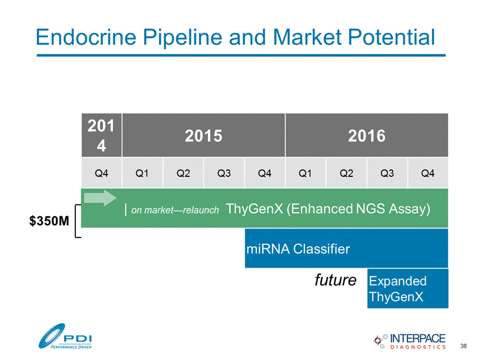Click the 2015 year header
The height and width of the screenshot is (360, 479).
tap(204, 135)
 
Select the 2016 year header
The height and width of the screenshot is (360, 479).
tap(367, 135)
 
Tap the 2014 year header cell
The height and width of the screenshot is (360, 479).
tap(101, 135)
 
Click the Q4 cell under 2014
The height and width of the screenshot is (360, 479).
tap(101, 173)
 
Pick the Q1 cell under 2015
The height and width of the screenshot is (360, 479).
tap(142, 173)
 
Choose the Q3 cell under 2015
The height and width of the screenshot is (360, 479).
tap(224, 173)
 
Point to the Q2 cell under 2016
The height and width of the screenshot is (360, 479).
tap(346, 173)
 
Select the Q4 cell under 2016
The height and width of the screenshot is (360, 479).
tap(428, 173)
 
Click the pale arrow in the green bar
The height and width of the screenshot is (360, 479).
tap(100, 198)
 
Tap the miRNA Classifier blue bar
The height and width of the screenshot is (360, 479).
tap(346, 248)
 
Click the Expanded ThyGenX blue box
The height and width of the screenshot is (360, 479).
tap(408, 289)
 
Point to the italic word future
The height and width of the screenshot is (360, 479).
tap(336, 280)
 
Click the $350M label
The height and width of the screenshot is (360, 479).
tap(49, 221)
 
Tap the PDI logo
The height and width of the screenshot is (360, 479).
tap(65, 336)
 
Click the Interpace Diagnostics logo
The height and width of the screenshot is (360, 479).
tap(409, 341)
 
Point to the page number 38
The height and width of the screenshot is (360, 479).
tap(464, 346)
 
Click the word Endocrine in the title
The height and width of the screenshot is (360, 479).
tap(86, 37)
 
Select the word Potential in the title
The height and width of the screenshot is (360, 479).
tap(391, 37)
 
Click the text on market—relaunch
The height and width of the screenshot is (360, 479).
tap(175, 210)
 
